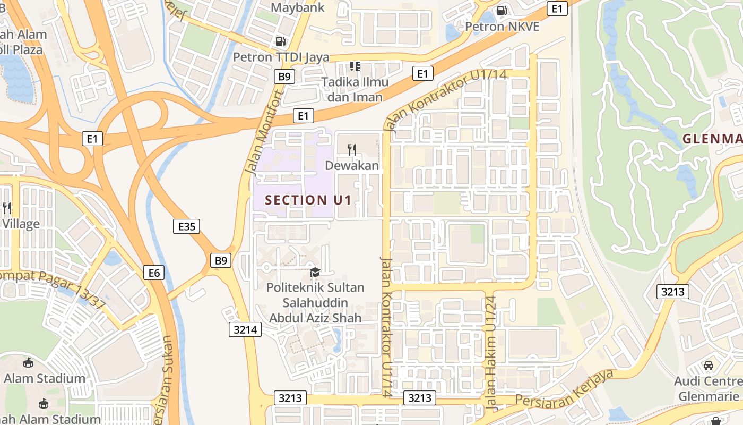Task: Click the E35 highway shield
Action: (x=187, y=227)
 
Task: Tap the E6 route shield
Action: (x=154, y=273)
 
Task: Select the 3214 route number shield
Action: (x=245, y=329)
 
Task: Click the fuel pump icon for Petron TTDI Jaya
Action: (x=280, y=41)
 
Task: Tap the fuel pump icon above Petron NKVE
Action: (x=502, y=11)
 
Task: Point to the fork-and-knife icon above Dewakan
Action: (x=351, y=149)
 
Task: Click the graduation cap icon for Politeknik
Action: (x=315, y=273)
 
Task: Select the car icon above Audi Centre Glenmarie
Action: (x=708, y=365)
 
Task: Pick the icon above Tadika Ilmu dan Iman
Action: (x=355, y=66)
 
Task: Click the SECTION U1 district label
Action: (x=308, y=200)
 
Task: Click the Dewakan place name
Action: (x=352, y=166)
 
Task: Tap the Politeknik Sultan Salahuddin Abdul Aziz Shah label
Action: (x=315, y=303)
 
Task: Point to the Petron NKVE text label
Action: (x=502, y=26)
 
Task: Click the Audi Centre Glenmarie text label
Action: (x=708, y=388)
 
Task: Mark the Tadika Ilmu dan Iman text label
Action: (x=355, y=89)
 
